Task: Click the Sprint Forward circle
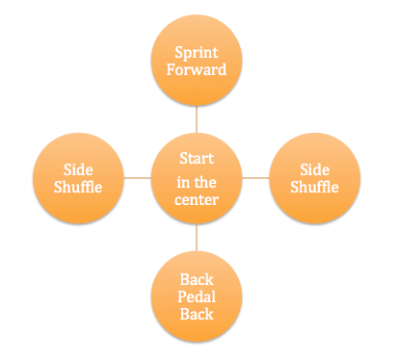click(x=197, y=61)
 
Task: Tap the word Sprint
click(x=197, y=51)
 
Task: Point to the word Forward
click(x=197, y=69)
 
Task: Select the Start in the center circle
click(x=197, y=177)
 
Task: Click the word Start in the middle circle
click(x=197, y=158)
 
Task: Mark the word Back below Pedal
click(x=197, y=314)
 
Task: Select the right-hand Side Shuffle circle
click(x=314, y=177)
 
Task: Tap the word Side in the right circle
click(x=314, y=168)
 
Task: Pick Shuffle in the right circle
click(x=314, y=187)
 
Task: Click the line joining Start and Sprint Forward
click(x=197, y=119)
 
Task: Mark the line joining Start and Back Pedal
click(x=197, y=237)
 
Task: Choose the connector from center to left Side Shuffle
click(x=138, y=177)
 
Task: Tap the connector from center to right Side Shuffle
click(x=255, y=177)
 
